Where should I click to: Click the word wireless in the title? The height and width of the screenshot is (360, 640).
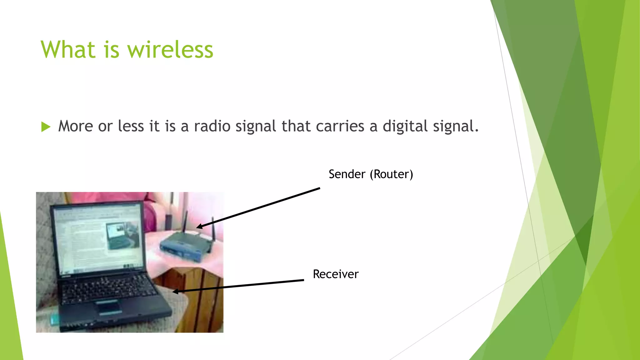(170, 50)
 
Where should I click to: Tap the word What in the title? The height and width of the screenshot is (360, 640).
(68, 50)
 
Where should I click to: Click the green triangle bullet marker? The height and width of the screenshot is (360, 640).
(46, 127)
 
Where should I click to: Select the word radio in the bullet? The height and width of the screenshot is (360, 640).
(212, 126)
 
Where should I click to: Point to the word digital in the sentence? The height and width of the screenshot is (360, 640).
(405, 126)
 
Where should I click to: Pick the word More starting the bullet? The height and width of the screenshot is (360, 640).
(76, 126)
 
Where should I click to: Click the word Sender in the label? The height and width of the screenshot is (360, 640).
(347, 174)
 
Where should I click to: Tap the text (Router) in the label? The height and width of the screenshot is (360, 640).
(391, 174)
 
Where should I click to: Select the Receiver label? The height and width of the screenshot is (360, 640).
(336, 274)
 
